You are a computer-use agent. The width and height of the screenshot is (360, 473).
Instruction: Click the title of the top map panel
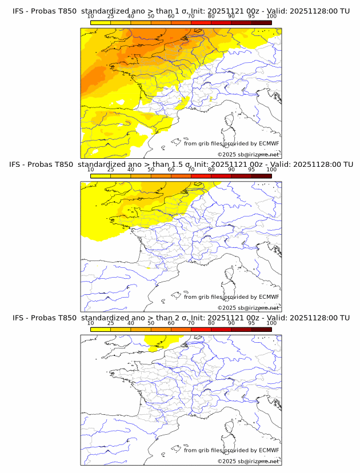[180, 11]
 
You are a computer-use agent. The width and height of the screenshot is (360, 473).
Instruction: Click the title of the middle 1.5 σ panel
[180, 165]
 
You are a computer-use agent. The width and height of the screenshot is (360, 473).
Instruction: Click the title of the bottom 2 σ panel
[180, 318]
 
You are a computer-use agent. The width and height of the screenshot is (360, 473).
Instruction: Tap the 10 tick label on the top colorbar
[90, 17]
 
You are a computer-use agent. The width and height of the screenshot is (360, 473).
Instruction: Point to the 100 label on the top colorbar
[271, 17]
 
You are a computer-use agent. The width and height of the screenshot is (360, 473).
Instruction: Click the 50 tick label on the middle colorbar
[151, 170]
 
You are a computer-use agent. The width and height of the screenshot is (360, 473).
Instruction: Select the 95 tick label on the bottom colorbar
[251, 323]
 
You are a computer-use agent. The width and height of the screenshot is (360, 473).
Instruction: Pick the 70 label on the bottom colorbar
[191, 323]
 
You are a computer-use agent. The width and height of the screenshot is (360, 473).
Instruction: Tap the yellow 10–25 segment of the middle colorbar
[101, 175]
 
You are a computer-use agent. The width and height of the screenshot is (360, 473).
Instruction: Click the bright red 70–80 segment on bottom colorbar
[201, 329]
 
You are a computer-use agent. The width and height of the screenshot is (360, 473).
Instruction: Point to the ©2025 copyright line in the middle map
[249, 308]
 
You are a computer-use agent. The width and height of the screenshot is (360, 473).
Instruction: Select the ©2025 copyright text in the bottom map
[249, 461]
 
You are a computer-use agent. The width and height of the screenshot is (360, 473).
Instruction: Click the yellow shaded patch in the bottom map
[154, 341]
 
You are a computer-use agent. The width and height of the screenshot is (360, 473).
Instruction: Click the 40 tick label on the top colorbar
[131, 17]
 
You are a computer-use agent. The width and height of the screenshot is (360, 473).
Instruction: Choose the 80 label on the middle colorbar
[211, 170]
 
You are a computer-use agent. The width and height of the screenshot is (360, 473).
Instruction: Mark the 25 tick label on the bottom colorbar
[110, 323]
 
